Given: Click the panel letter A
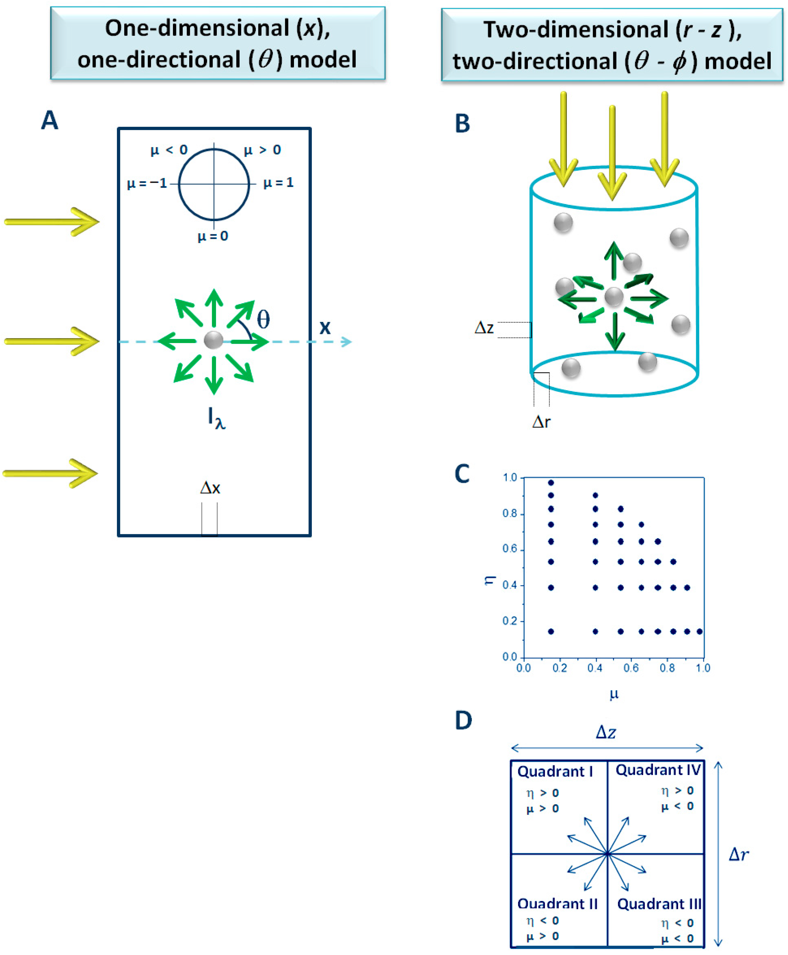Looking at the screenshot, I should point(50,121).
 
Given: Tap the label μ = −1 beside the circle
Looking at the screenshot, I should point(147,184).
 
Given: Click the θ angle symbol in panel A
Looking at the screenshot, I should point(263,319).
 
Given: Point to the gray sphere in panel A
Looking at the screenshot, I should point(213,340).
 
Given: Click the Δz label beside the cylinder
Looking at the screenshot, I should point(484,328).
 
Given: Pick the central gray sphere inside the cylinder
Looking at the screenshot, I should point(614,297).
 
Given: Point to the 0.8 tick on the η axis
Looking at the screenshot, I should point(510,513).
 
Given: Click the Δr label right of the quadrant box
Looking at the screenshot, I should point(738,855).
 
